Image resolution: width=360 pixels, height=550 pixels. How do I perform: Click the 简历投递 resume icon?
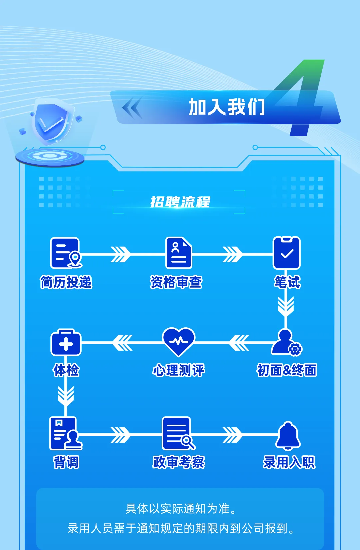(65, 253)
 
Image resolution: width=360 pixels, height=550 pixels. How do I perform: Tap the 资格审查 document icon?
(179, 253)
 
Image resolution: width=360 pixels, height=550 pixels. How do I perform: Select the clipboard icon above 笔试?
(287, 253)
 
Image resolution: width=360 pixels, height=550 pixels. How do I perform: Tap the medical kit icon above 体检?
(66, 343)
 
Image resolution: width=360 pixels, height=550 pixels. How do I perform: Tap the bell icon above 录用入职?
(288, 435)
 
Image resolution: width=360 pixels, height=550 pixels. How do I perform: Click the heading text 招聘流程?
(180, 202)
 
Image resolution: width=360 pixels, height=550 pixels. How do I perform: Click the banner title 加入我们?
(227, 107)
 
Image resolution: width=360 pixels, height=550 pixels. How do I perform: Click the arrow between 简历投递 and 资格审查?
(121, 254)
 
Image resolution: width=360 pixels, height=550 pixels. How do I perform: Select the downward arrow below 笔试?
(286, 306)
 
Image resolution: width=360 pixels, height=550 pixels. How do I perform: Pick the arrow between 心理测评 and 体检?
(123, 343)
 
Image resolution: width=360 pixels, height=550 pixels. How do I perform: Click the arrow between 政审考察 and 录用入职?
(233, 435)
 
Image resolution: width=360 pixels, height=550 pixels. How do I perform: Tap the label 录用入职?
(289, 462)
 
